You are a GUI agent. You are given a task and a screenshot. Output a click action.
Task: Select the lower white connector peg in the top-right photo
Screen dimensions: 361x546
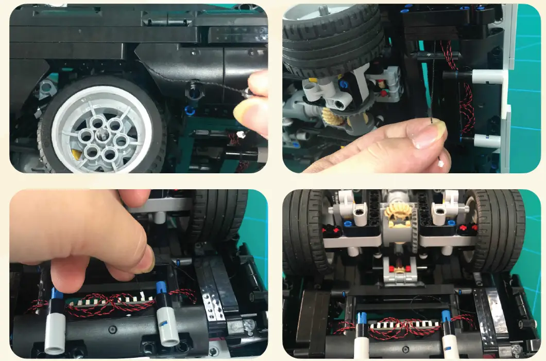[487, 140]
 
